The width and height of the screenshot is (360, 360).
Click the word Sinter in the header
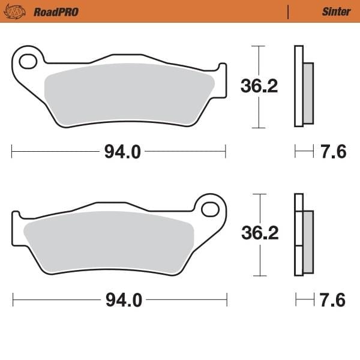click(x=336, y=11)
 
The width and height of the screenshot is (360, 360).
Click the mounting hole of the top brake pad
click(x=27, y=61)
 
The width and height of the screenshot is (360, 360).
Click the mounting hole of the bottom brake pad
click(x=211, y=209)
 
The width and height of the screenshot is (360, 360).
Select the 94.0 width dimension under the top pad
click(x=122, y=152)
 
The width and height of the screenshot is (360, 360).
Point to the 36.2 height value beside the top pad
click(x=259, y=86)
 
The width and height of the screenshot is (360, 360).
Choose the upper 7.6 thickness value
click(x=333, y=152)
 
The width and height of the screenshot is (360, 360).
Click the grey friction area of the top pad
click(x=129, y=93)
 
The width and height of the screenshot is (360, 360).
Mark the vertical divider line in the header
click(x=289, y=11)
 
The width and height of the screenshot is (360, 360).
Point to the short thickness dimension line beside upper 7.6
click(x=304, y=152)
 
